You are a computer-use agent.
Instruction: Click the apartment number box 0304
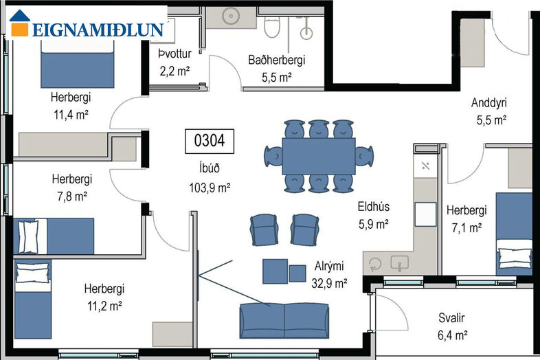tap(210, 142)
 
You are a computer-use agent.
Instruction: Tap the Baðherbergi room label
tap(277, 60)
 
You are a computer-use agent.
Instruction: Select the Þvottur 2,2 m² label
tap(175, 63)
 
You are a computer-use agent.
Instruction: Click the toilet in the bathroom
tap(272, 27)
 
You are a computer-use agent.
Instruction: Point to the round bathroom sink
tap(230, 16)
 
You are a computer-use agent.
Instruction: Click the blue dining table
tap(319, 156)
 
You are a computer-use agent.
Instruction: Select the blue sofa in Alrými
tap(284, 321)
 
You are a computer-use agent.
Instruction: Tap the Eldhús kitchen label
tap(374, 207)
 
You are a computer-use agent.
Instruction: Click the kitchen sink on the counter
tap(399, 263)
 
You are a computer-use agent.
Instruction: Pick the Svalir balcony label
tap(451, 317)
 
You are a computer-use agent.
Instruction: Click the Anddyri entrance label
tap(489, 102)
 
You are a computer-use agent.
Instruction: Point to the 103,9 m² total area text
tap(210, 188)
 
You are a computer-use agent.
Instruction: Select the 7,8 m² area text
tap(72, 196)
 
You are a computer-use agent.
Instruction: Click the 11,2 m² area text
tap(104, 306)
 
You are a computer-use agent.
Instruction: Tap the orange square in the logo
tap(20, 30)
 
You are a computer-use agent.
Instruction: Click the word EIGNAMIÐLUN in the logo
tap(98, 30)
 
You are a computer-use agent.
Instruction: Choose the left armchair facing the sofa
tap(264, 229)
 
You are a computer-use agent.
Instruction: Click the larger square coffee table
tap(275, 271)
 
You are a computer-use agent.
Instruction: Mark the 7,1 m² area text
tap(466, 227)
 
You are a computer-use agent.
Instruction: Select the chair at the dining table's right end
tap(364, 157)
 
